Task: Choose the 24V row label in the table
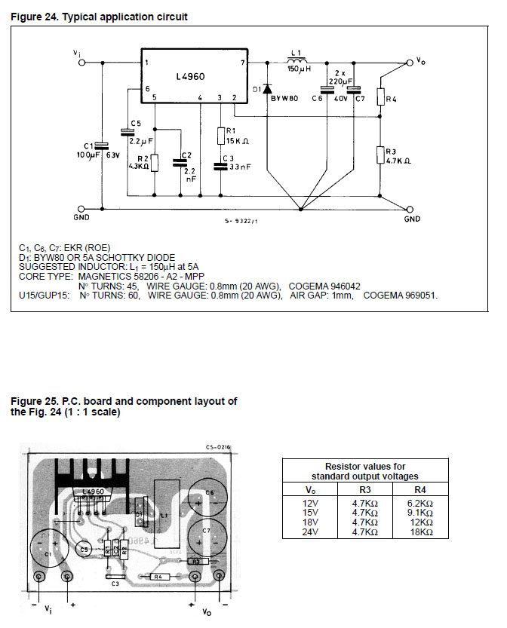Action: pos(312,532)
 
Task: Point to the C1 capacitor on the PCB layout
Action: pos(49,547)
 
